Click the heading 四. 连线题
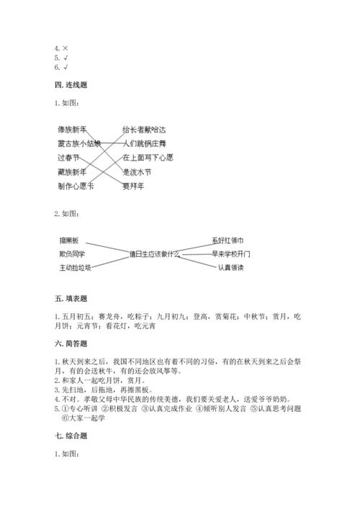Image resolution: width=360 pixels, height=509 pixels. tap(71, 85)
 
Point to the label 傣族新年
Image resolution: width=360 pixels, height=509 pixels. tap(71, 130)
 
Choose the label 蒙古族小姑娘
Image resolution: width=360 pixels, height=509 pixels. tap(78, 143)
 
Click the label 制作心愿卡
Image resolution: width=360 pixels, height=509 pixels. tap(75, 186)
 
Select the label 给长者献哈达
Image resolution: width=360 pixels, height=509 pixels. tap(144, 130)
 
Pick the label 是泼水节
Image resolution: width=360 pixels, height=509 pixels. tap(137, 172)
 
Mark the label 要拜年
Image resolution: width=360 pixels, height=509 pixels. tap(133, 186)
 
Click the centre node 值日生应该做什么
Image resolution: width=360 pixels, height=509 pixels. tap(153, 253)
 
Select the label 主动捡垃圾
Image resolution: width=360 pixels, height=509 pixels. tap(75, 268)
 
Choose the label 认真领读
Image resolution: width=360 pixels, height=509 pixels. tap(230, 268)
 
